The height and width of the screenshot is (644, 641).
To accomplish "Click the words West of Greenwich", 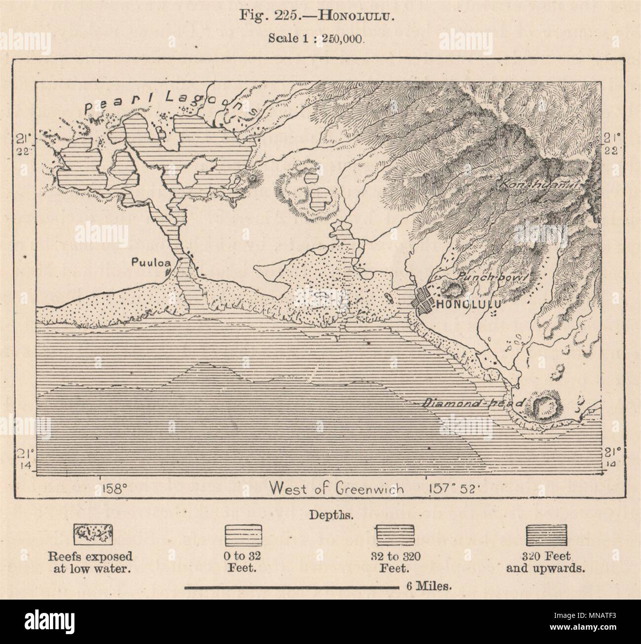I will click(x=337, y=489).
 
